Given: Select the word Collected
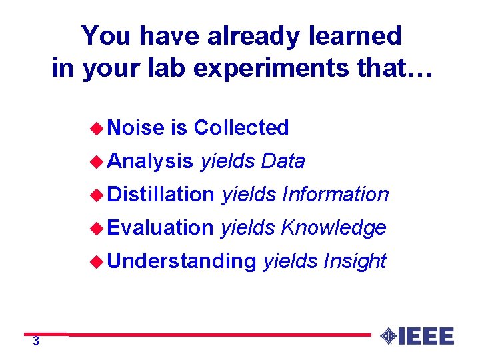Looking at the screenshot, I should click(241, 127).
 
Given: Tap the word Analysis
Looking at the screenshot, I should click(150, 161).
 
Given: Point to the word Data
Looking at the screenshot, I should click(283, 161).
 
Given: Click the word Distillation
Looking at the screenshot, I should click(160, 195).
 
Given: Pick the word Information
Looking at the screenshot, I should click(335, 195).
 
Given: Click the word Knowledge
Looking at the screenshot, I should click(333, 228).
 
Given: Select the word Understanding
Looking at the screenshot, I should click(181, 261).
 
